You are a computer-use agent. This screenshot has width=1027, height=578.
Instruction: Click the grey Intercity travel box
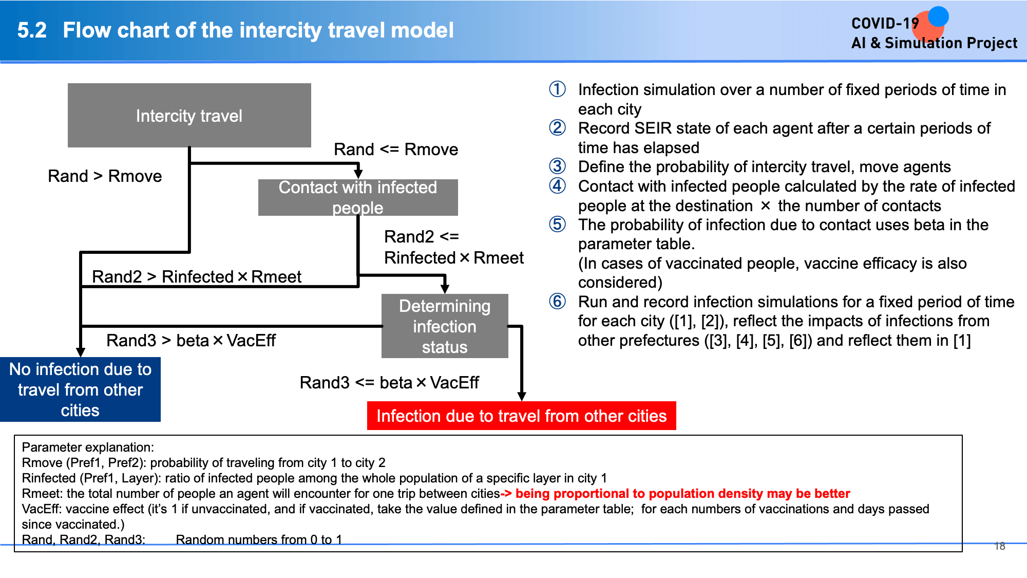click(189, 116)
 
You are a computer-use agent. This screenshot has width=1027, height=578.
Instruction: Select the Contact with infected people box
click(358, 197)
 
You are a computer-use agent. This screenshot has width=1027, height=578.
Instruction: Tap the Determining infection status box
click(445, 326)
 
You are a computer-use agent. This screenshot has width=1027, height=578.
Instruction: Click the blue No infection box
click(80, 389)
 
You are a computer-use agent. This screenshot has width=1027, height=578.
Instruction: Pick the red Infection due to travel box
click(522, 416)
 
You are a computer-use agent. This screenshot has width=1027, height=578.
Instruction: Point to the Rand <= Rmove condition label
click(396, 150)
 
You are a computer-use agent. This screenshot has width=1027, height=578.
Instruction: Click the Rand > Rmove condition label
click(105, 176)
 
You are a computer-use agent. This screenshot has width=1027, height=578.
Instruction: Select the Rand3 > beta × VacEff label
click(191, 341)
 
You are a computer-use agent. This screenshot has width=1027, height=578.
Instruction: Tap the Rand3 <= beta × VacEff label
click(389, 383)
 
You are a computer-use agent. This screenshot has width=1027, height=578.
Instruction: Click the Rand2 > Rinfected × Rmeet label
click(197, 277)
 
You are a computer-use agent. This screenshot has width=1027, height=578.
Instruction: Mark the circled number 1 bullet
click(557, 89)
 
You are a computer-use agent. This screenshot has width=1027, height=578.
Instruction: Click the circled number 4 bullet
click(557, 185)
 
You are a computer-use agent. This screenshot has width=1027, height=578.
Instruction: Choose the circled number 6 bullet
click(557, 301)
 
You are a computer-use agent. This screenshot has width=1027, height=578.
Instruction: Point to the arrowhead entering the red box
click(522, 397)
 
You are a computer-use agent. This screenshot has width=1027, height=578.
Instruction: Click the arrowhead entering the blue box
click(81, 352)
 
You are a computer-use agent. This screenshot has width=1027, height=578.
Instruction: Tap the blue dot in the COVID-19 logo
click(938, 16)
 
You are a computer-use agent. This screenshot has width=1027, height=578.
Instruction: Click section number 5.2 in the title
click(32, 30)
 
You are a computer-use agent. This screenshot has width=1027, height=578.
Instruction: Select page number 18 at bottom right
click(1000, 546)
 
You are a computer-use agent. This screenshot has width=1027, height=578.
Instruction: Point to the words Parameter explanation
click(88, 448)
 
